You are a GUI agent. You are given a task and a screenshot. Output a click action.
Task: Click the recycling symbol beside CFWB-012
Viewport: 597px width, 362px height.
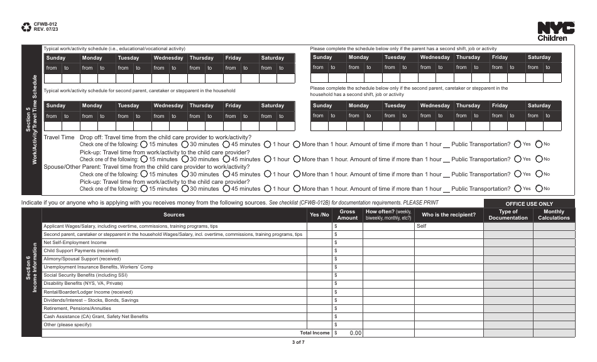26,27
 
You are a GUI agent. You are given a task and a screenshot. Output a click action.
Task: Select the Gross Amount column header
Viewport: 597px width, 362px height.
348,215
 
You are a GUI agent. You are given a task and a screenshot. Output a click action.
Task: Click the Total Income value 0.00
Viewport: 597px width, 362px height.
355,333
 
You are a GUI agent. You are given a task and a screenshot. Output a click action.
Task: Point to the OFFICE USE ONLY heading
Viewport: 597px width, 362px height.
529,204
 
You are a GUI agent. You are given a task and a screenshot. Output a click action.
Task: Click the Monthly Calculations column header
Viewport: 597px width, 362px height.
554,215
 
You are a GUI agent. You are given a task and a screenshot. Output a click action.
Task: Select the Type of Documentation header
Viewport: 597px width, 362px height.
508,215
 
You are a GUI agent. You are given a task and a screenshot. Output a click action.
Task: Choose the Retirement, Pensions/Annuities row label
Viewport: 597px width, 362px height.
77,308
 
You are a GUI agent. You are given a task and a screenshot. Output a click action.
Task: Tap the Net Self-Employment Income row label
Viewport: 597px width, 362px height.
75,242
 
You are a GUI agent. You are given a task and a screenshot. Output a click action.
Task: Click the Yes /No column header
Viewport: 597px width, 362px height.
319,215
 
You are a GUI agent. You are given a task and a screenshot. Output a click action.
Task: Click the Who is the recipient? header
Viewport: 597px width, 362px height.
448,215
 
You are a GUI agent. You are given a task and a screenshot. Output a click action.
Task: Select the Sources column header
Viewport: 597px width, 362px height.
174,215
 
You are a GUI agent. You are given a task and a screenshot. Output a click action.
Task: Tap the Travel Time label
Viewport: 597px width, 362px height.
59,137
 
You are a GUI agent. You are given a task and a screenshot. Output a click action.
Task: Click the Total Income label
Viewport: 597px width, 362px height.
314,333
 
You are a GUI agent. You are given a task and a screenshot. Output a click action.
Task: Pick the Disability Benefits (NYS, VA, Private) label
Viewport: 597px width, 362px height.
83,284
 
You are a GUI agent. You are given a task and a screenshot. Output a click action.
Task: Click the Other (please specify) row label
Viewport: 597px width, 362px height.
67,325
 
